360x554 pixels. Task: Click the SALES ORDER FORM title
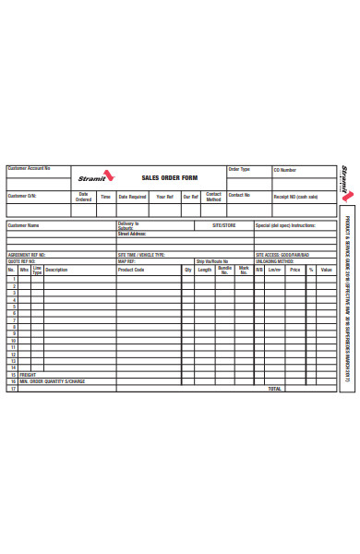pyautogui.click(x=170, y=177)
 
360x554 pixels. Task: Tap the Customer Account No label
pyautogui.click(x=30, y=169)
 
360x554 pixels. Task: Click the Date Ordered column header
pyautogui.click(x=83, y=197)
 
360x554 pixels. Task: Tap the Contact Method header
pyautogui.click(x=213, y=197)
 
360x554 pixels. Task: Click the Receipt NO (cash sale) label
pyautogui.click(x=295, y=197)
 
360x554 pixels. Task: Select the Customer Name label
pyautogui.click(x=24, y=224)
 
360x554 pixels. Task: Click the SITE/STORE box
pyautogui.click(x=224, y=224)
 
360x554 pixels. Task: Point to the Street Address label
pyautogui.click(x=132, y=234)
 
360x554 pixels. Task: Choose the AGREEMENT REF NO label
pyautogui.click(x=27, y=254)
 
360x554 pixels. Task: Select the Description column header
pyautogui.click(x=56, y=270)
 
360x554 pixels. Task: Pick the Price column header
pyautogui.click(x=295, y=270)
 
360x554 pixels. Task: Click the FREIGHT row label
pyautogui.click(x=28, y=374)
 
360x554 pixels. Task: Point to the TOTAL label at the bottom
pyautogui.click(x=274, y=389)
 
